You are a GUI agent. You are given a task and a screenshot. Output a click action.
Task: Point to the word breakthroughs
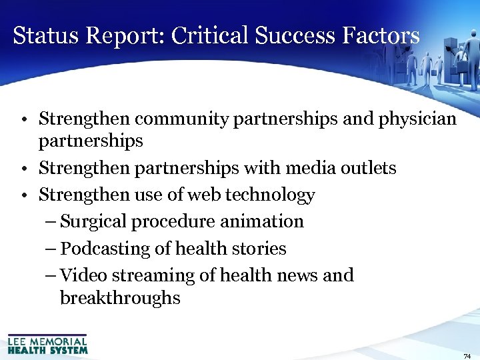coord(120,297)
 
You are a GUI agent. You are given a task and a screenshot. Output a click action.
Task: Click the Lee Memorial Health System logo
coord(47,344)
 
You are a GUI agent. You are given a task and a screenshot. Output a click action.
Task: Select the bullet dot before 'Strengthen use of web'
coord(23,195)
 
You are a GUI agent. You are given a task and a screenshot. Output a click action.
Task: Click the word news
coord(297,275)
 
